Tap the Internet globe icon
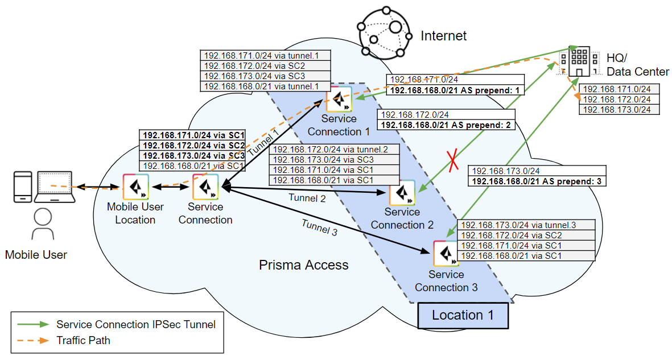point(383,34)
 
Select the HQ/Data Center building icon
point(578,61)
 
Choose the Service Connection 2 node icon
point(402,193)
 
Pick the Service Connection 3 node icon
point(447,254)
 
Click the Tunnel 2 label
point(307,198)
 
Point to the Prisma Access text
point(303,265)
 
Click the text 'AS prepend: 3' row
point(537,181)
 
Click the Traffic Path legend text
point(83,341)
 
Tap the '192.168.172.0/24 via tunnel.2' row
point(335,150)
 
